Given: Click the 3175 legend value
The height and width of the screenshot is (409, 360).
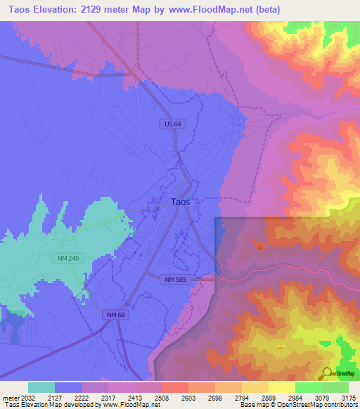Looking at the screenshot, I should [349, 396].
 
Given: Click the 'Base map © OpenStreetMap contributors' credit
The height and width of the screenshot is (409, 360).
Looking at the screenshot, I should [298, 405].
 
